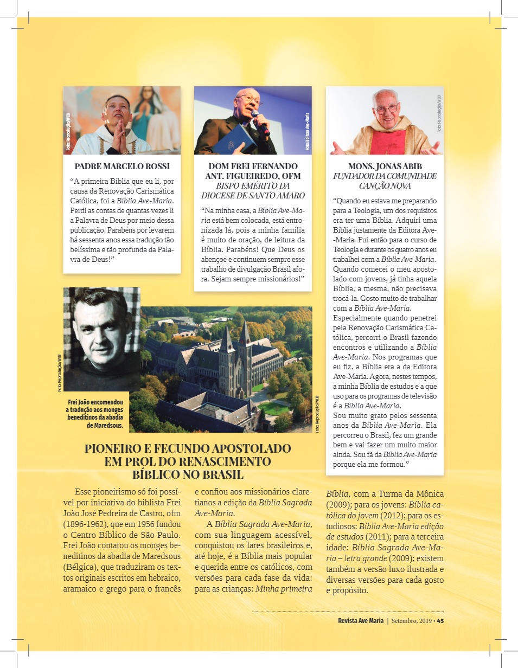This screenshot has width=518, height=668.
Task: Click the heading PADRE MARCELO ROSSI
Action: pyautogui.click(x=122, y=166)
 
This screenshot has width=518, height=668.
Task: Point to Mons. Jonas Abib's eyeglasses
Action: pyautogui.click(x=386, y=108)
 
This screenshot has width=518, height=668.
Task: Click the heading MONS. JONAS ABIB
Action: pyautogui.click(x=385, y=166)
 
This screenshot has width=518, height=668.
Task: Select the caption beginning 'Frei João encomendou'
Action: pyautogui.click(x=96, y=414)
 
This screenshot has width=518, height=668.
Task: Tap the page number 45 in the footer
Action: pyautogui.click(x=440, y=621)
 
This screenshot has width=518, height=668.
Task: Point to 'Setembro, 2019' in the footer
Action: pyautogui.click(x=412, y=621)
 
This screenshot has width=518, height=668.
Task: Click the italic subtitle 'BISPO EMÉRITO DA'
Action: pyautogui.click(x=253, y=186)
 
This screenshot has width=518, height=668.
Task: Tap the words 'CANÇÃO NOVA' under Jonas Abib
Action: pyautogui.click(x=385, y=186)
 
